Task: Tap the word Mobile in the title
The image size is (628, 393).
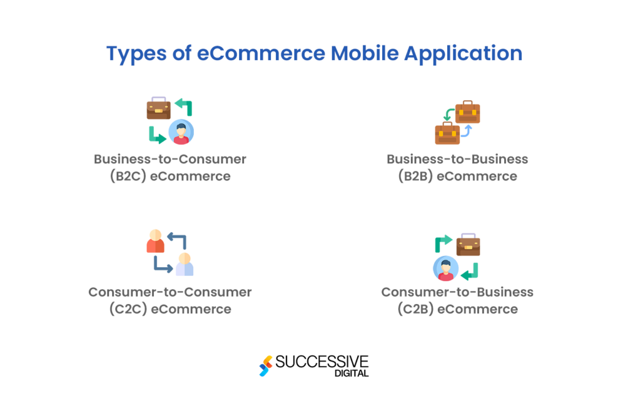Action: [364, 53]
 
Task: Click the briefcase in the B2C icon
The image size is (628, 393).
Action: [158, 109]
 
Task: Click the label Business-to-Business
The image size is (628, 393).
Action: [457, 159]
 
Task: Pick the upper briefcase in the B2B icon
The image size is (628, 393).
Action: [468, 112]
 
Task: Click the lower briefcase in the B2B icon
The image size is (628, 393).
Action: [447, 133]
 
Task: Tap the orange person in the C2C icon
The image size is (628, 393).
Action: [155, 242]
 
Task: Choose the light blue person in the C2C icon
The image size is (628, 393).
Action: [184, 265]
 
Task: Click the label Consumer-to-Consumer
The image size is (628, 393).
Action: [170, 292]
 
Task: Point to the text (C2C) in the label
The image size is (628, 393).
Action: [128, 309]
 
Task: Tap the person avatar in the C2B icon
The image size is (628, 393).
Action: [446, 268]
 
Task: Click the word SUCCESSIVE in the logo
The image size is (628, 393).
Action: [322, 361]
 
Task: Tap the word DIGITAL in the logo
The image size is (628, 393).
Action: [353, 373]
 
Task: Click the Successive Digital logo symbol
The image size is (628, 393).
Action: [266, 366]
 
